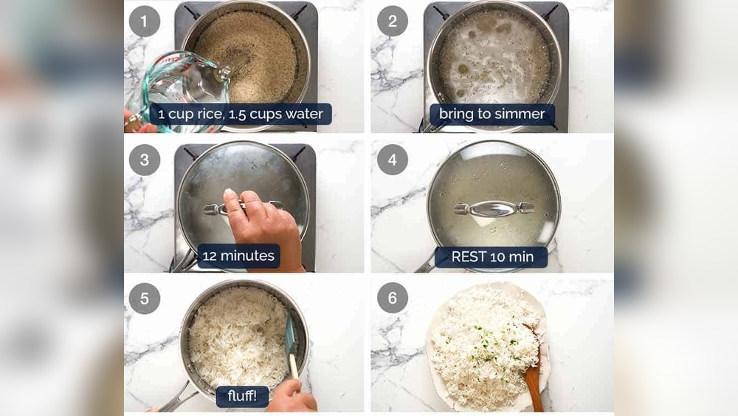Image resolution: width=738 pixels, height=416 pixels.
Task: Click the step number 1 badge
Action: (x=144, y=21)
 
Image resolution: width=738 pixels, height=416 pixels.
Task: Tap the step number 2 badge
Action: (x=392, y=21)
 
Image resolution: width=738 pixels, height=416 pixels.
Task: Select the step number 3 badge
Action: (x=144, y=160)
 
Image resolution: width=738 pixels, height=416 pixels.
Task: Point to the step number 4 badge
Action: (x=392, y=160)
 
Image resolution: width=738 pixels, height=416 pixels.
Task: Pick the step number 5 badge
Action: (x=144, y=299)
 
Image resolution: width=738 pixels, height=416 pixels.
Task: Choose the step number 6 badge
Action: (x=392, y=298)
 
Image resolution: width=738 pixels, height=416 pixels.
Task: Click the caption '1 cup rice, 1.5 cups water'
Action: (x=241, y=114)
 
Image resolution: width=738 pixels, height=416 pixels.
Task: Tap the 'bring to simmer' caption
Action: (x=492, y=114)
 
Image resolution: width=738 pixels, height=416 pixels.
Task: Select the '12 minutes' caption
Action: (x=238, y=256)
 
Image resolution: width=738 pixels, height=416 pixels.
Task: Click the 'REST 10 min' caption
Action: (x=492, y=256)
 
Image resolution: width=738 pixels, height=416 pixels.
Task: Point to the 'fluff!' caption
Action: (x=242, y=396)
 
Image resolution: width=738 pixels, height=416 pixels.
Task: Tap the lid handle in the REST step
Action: (x=494, y=208)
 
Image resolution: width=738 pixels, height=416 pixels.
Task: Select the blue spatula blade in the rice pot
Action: (x=290, y=335)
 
